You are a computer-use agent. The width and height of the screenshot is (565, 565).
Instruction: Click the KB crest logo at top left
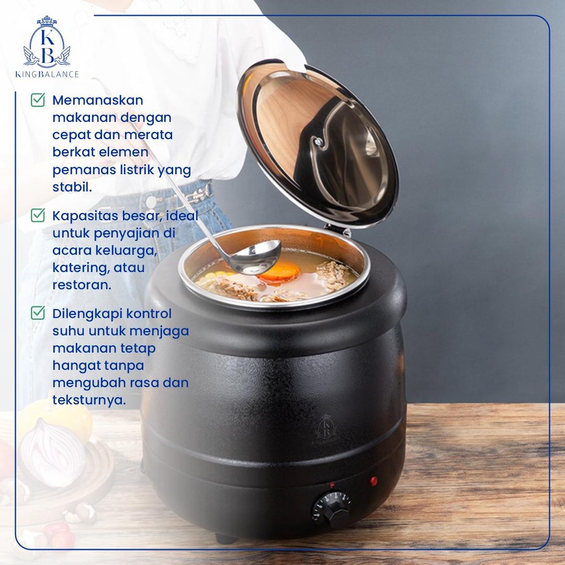(47, 42)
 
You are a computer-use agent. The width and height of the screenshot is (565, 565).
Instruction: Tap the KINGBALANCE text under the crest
(47, 74)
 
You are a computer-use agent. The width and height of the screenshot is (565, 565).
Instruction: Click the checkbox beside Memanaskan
(38, 100)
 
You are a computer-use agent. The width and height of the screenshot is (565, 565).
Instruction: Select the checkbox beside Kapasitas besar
(38, 215)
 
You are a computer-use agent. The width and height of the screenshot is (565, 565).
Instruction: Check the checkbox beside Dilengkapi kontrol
(38, 313)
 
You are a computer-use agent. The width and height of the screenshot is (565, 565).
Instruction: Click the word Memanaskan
(98, 100)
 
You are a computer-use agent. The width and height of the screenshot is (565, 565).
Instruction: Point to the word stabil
(72, 186)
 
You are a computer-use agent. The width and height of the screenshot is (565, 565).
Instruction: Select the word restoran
(82, 285)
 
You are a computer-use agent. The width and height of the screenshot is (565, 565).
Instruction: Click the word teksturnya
(89, 400)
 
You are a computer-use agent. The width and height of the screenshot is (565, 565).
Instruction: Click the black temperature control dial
(331, 509)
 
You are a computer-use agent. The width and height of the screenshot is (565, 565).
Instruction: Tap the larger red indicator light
(374, 481)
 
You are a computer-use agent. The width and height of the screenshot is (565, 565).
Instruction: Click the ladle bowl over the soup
(255, 257)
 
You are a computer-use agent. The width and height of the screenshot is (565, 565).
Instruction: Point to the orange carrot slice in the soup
(278, 272)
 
